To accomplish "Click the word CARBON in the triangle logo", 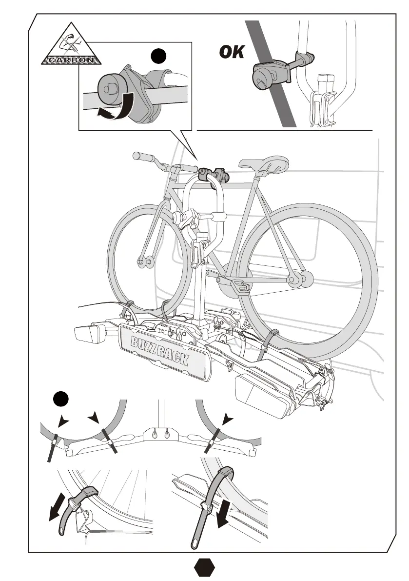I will coord(72,61).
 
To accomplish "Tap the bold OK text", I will coord(232,51).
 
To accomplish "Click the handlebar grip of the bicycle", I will coord(144,157).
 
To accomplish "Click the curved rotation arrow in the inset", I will coord(117,107).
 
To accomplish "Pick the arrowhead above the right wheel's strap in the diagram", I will coord(226,419).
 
